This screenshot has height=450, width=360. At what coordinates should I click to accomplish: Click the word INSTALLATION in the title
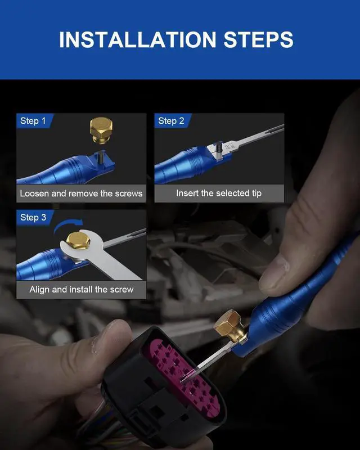pyautogui.click(x=137, y=39)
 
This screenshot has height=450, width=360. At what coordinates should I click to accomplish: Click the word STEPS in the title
pyautogui.click(x=258, y=39)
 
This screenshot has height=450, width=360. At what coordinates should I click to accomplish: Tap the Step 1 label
pyautogui.click(x=33, y=121)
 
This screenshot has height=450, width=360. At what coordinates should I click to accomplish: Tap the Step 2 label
pyautogui.click(x=171, y=121)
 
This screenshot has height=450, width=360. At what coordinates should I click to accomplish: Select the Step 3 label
pyautogui.click(x=33, y=217)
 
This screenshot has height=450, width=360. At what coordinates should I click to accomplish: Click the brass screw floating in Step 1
pyautogui.click(x=101, y=129)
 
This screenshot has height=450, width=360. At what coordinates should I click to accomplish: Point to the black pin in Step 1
pyautogui.click(x=101, y=157)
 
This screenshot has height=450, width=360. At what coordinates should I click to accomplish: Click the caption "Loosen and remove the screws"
pyautogui.click(x=81, y=193)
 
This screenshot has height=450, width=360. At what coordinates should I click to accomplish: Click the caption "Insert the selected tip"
pyautogui.click(x=219, y=193)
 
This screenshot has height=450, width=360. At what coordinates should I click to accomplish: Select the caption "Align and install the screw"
pyautogui.click(x=81, y=289)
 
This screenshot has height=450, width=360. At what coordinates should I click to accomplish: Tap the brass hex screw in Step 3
pyautogui.click(x=78, y=241)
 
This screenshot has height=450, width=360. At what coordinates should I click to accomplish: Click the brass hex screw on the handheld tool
pyautogui.click(x=229, y=325)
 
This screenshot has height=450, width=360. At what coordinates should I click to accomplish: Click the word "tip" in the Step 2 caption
pyautogui.click(x=256, y=193)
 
